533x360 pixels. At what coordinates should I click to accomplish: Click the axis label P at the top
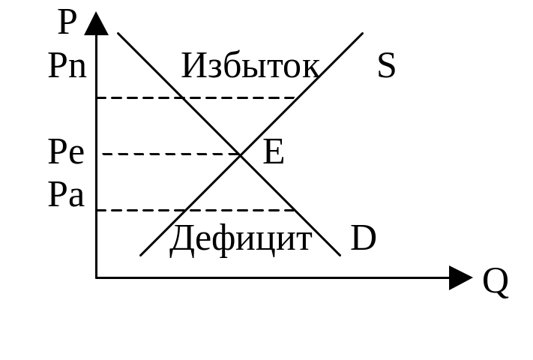[67, 24]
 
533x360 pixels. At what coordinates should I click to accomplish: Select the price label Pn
[67, 67]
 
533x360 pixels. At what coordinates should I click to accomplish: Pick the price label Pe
[66, 154]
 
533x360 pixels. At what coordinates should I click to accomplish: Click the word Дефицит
[241, 240]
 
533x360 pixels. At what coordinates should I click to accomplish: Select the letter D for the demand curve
[364, 240]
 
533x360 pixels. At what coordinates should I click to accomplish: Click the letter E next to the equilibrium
[274, 154]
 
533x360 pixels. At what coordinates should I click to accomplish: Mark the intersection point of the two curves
[241, 154]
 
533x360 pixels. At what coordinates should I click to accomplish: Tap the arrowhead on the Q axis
[460, 278]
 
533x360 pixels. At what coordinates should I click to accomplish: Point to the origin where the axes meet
[97, 278]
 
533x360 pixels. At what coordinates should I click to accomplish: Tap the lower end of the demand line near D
[340, 254]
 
